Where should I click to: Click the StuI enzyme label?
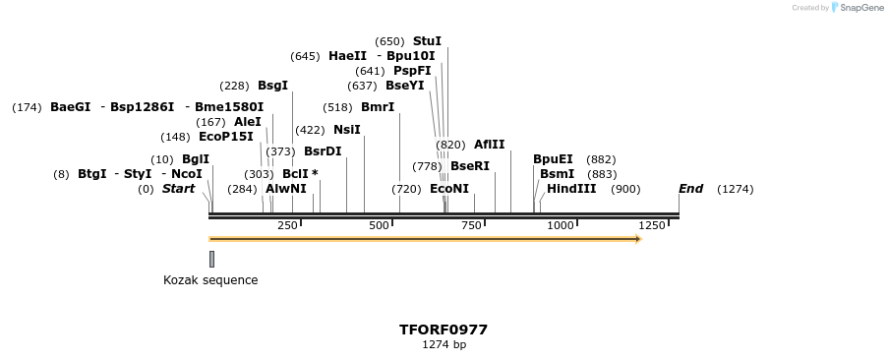(427, 41)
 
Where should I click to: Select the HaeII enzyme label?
(347, 56)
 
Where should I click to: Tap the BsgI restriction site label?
(272, 86)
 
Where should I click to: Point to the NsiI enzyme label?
(346, 130)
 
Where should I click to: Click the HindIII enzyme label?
(571, 189)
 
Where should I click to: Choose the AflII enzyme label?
(489, 145)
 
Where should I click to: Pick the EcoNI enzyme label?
(449, 189)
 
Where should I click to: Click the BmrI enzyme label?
(378, 107)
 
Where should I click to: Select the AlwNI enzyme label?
(285, 189)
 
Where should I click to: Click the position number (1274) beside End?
(736, 189)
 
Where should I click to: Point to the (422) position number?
(310, 130)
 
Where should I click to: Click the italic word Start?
(178, 189)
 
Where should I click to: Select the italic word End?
(690, 189)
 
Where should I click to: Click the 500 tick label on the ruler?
(379, 226)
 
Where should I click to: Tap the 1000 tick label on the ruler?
(560, 226)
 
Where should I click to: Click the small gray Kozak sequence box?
(211, 259)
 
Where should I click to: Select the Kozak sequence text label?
(210, 280)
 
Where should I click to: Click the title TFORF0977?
(444, 330)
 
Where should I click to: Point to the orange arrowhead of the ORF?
(638, 239)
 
